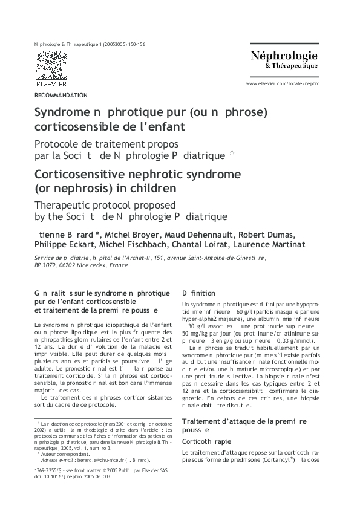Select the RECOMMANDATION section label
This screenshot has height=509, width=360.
click(x=61, y=95)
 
